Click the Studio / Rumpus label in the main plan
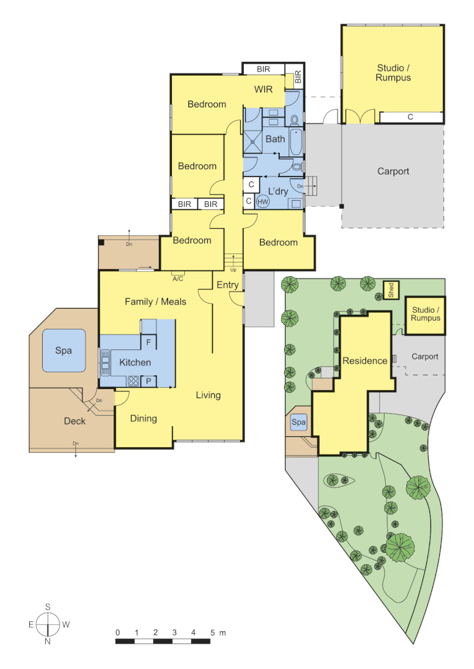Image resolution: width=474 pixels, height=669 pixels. [x=393, y=73]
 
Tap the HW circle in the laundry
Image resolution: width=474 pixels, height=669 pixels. [x=263, y=201]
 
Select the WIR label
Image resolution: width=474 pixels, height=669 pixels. [x=263, y=89]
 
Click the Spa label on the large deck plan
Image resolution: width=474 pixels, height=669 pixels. [x=63, y=351]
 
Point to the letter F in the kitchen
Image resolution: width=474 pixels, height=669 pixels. [x=148, y=342]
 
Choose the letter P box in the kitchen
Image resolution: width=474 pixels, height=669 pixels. [x=148, y=381]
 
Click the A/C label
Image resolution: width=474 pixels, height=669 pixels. [x=177, y=279]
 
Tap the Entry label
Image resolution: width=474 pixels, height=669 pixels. [x=227, y=285]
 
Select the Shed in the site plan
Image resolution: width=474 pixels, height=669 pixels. [x=391, y=291]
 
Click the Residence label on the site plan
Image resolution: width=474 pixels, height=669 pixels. [x=365, y=361]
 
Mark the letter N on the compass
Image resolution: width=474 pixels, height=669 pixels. [x=47, y=642]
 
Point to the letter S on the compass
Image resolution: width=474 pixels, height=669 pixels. [x=47, y=607]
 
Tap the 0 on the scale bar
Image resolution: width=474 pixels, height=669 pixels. [x=117, y=632]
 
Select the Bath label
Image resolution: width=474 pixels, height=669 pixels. [x=275, y=139]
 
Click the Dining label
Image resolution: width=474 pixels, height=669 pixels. [x=143, y=419]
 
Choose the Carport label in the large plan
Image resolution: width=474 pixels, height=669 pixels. [x=393, y=172]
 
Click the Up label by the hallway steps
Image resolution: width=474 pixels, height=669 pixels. [x=233, y=270]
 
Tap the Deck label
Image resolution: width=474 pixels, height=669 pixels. [x=75, y=421]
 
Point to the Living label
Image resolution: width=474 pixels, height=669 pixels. [x=208, y=395]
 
